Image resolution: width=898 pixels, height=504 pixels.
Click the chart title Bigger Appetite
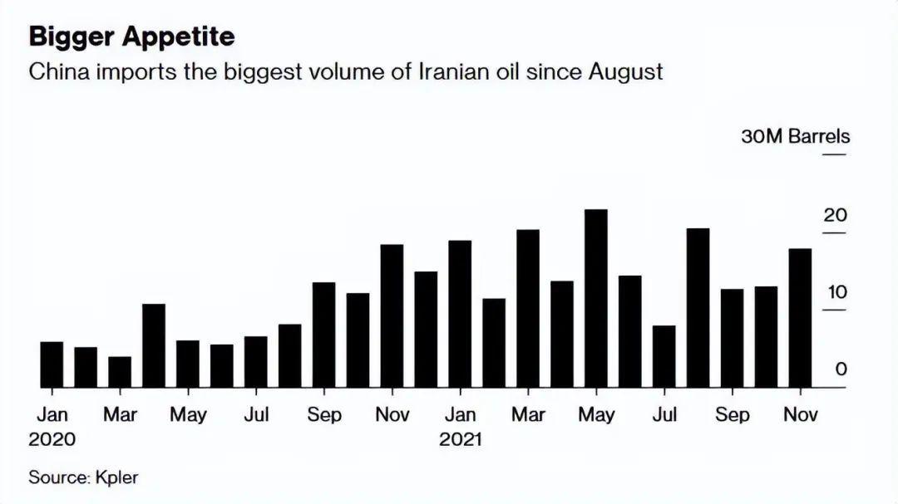pos(131,37)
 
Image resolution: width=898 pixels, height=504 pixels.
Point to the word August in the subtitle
pos(625,72)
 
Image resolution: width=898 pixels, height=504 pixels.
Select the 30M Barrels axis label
pos(795,136)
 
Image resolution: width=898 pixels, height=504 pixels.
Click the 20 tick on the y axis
pos(835,215)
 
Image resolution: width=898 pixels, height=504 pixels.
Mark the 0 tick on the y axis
pos(841,369)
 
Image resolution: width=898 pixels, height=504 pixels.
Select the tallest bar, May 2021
pos(596,299)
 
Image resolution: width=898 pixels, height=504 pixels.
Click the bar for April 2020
pos(154,345)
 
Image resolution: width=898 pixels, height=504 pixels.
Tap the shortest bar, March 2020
pos(120,372)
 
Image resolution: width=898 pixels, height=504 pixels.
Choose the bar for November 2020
pos(392,316)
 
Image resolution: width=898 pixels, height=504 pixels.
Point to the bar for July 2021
pos(664,356)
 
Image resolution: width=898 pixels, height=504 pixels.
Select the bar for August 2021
pos(698,308)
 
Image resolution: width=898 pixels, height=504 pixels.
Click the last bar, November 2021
pos(800,318)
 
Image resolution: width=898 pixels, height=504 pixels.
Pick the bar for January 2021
pos(460,314)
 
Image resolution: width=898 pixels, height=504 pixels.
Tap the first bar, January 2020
pos(52,365)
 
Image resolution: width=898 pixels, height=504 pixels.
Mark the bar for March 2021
pos(528,309)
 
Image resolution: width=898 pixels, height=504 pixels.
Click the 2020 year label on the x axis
pos(52,439)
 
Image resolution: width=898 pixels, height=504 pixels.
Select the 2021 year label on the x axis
pos(461,439)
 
